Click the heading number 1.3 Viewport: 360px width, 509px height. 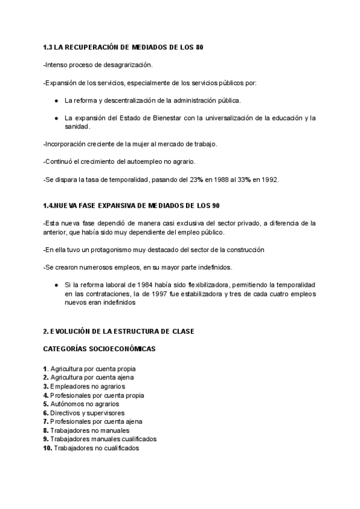tap(49, 47)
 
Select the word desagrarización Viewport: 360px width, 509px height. tap(128, 64)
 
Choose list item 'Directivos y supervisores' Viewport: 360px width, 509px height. tap(88, 413)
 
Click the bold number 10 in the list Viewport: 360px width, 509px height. tap(48, 448)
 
